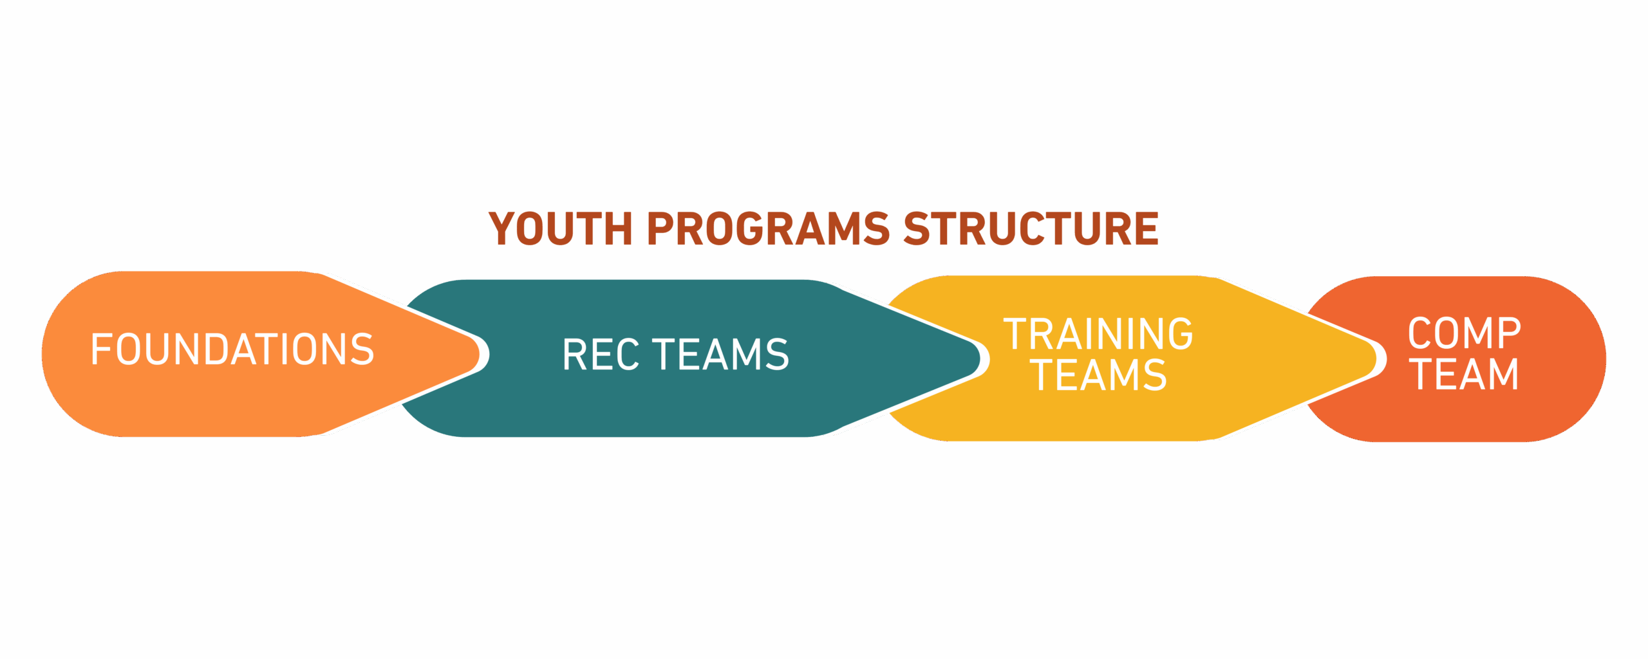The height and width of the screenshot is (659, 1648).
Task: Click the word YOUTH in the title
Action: pyautogui.click(x=561, y=228)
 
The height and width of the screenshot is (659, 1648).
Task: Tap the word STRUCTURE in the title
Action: pyautogui.click(x=1032, y=228)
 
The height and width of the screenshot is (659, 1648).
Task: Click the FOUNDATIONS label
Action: pyautogui.click(x=232, y=349)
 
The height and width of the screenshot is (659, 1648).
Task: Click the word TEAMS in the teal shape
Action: pyautogui.click(x=721, y=355)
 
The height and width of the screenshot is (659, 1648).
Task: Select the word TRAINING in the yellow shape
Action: pyautogui.click(x=1098, y=334)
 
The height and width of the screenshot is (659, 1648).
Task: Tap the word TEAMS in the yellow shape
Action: pyautogui.click(x=1098, y=375)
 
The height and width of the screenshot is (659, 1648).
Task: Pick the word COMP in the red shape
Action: pyautogui.click(x=1465, y=333)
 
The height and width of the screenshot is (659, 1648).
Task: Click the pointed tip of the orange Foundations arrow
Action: pyautogui.click(x=489, y=354)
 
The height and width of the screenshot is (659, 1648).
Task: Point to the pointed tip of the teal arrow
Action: pyautogui.click(x=989, y=358)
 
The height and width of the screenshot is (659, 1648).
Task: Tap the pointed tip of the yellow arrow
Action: pyautogui.click(x=1385, y=358)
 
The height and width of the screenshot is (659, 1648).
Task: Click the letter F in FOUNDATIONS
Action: pyautogui.click(x=102, y=349)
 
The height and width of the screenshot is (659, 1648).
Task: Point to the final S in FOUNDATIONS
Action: pyautogui.click(x=362, y=349)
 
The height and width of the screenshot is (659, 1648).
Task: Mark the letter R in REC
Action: pyautogui.click(x=575, y=355)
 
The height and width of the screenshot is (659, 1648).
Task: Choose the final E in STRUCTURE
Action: pyautogui.click(x=1147, y=228)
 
